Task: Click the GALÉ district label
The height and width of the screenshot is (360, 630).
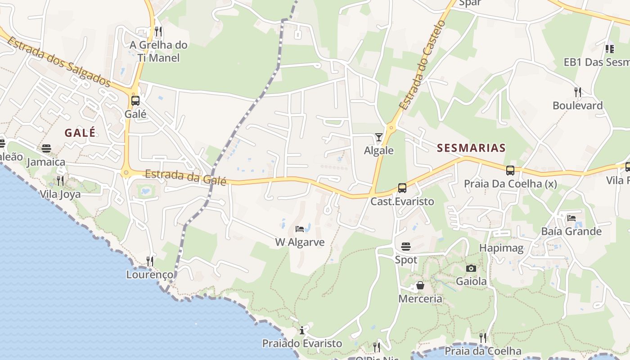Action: [x=80, y=133]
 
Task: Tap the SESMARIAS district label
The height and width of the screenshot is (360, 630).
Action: [x=471, y=148]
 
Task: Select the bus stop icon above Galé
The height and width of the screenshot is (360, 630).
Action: [x=135, y=101]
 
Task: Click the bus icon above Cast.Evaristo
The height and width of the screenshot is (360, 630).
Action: [x=402, y=188]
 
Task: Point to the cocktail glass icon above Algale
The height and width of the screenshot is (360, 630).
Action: [x=379, y=137]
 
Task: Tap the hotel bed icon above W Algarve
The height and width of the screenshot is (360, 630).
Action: [x=300, y=229]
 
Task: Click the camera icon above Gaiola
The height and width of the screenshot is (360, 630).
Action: [x=471, y=268]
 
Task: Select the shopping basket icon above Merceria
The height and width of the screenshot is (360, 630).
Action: [x=420, y=285]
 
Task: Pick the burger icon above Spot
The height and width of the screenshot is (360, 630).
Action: [x=406, y=247]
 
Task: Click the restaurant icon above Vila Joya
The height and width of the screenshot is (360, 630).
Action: [x=60, y=181]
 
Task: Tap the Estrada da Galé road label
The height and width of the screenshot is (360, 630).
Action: [x=185, y=177]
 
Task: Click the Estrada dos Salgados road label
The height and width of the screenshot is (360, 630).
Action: [x=58, y=62]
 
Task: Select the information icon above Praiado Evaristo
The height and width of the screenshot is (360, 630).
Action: [x=302, y=331]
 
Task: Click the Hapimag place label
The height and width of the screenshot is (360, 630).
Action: [x=501, y=248]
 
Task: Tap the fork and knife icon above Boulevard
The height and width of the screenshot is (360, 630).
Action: [x=578, y=92]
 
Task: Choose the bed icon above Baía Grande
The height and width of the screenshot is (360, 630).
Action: [x=571, y=218]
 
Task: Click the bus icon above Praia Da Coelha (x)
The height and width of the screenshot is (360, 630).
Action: [x=510, y=171]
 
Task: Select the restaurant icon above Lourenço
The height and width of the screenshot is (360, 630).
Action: [x=150, y=261]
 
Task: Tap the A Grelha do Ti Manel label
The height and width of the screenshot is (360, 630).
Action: [x=158, y=51]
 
